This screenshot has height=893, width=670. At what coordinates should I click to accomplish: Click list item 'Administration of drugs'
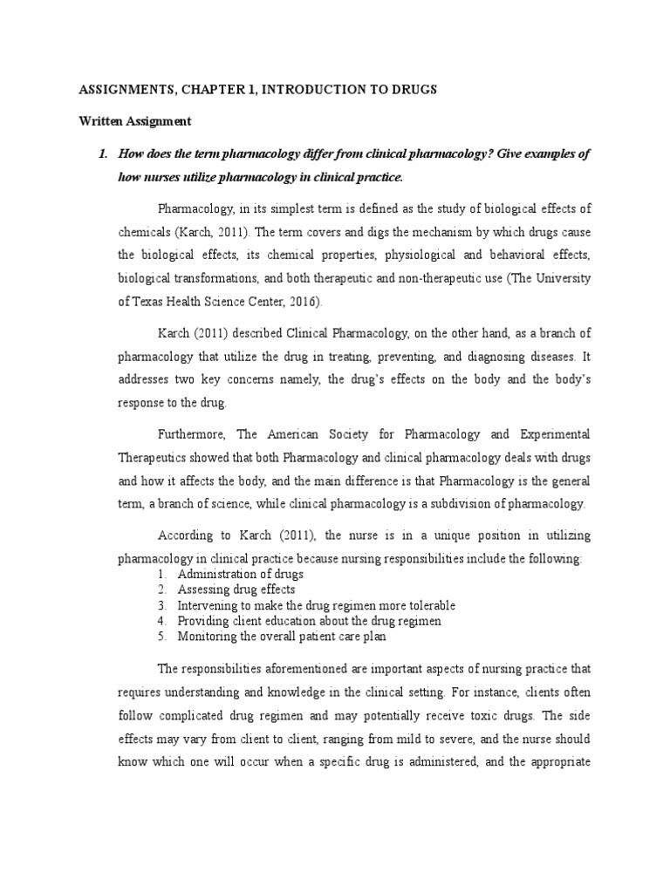point(241,575)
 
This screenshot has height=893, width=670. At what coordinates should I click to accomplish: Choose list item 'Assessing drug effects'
point(236,590)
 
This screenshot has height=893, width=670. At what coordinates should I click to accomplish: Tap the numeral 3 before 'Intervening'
point(162,605)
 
